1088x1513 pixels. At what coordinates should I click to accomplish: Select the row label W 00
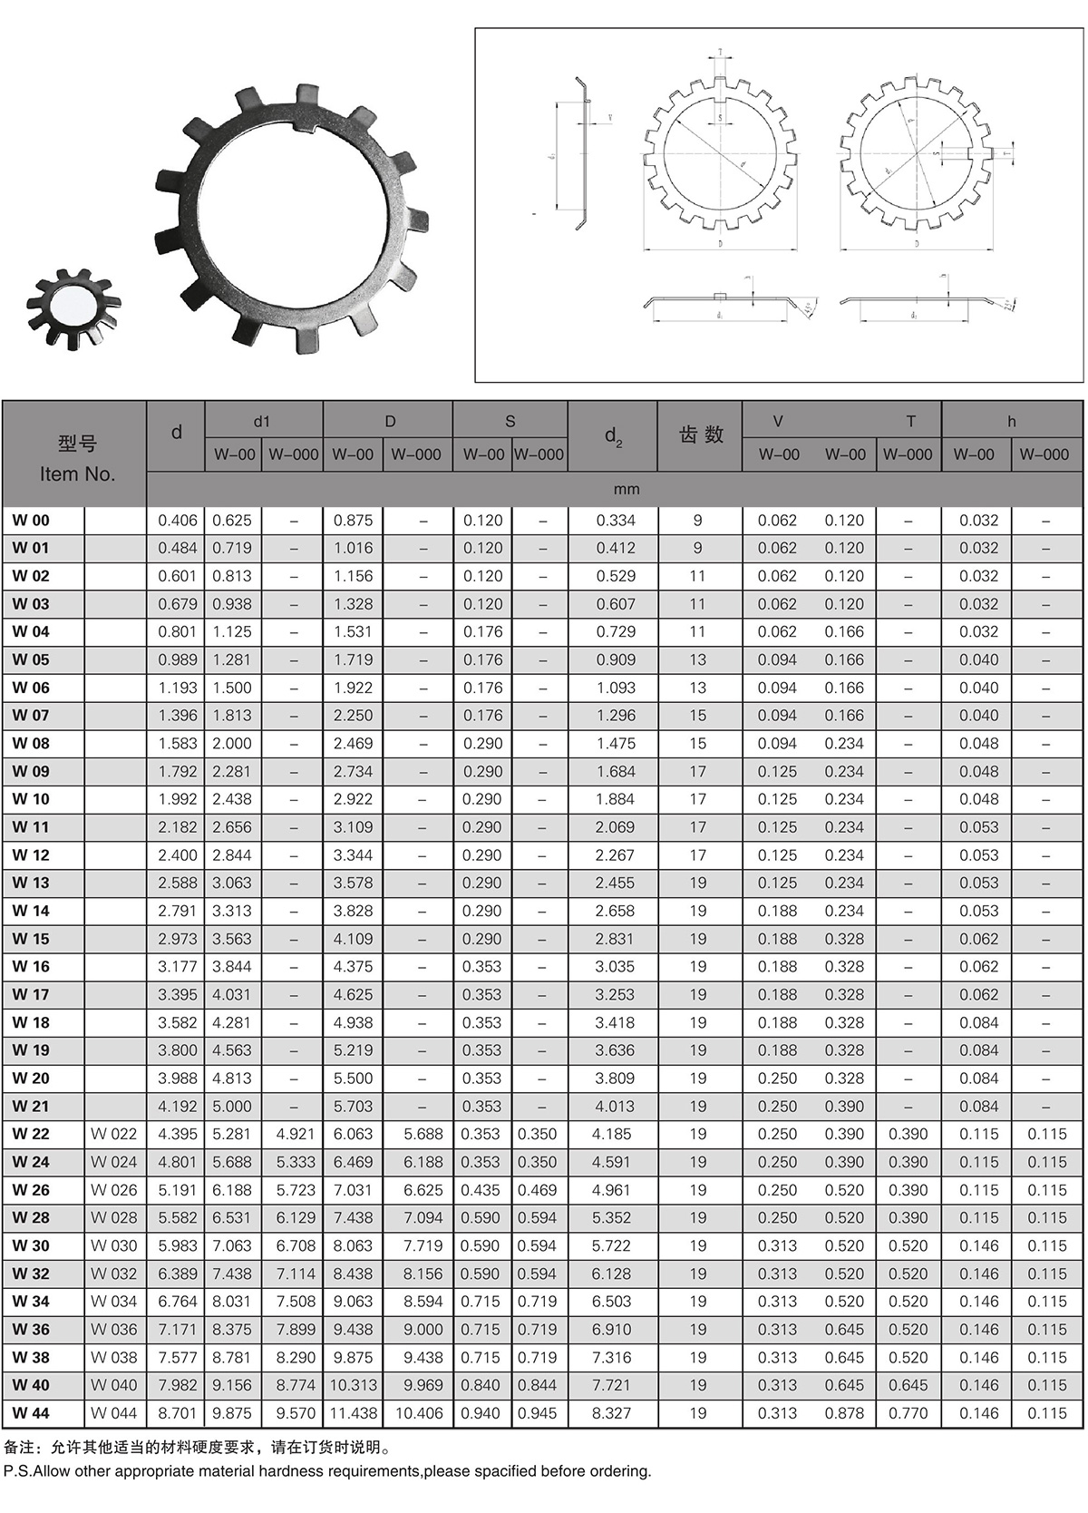(x=32, y=521)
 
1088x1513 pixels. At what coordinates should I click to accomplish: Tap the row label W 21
(x=32, y=1107)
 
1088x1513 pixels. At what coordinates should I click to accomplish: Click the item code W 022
(x=114, y=1135)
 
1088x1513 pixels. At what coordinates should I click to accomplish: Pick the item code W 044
(x=114, y=1413)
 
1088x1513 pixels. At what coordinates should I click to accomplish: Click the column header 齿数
(x=701, y=435)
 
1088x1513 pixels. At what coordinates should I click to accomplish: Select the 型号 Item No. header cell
(x=77, y=458)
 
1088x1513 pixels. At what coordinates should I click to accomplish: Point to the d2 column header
(x=614, y=436)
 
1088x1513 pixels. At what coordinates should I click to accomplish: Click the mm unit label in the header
(x=627, y=490)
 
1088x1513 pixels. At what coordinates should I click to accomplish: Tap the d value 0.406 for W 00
(x=178, y=521)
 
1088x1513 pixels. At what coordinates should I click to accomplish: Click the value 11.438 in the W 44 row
(x=354, y=1413)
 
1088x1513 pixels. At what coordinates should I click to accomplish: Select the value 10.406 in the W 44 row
(x=419, y=1413)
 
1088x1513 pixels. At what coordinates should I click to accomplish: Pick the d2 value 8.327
(x=612, y=1413)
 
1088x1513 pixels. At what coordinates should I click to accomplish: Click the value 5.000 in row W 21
(x=232, y=1107)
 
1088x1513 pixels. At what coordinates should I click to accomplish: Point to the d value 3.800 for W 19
(x=178, y=1050)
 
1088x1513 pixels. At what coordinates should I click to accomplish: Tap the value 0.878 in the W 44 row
(x=844, y=1413)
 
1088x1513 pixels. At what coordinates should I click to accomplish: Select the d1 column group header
(x=262, y=422)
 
